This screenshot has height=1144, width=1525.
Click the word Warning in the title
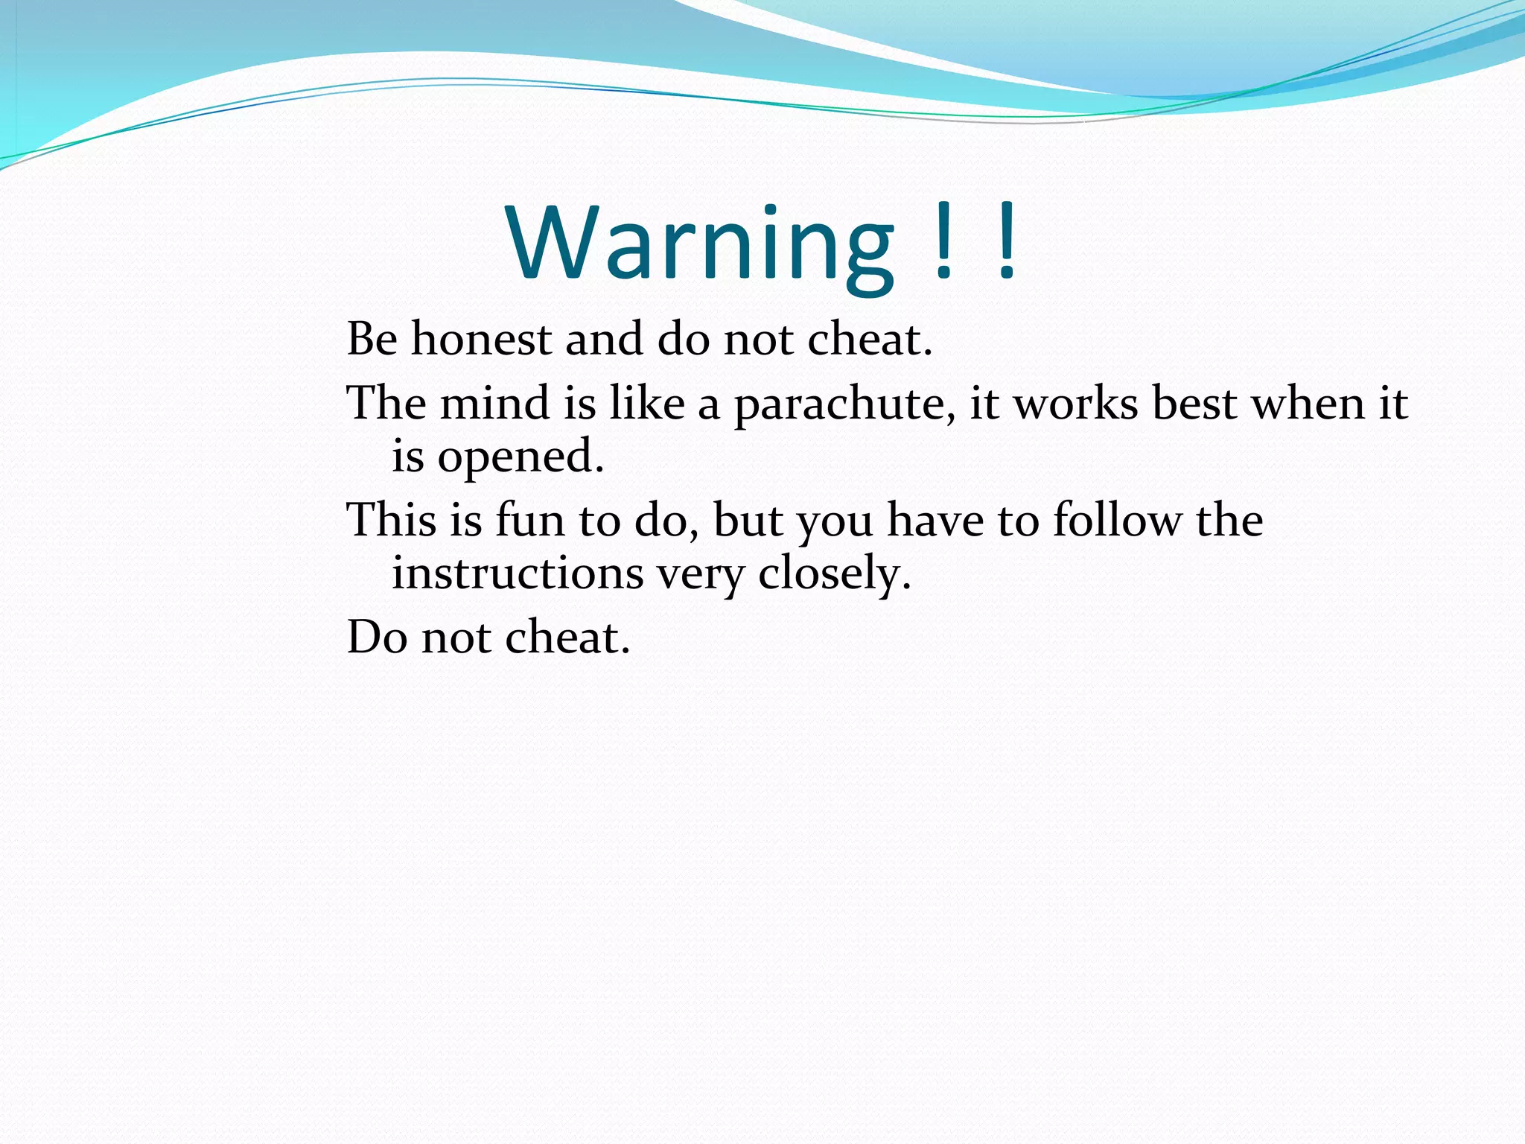[700, 244]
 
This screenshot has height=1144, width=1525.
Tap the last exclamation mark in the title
[1007, 240]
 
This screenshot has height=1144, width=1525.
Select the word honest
[481, 340]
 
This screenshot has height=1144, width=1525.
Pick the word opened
[520, 457]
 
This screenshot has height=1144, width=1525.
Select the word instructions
[518, 573]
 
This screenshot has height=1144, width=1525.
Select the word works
[1077, 404]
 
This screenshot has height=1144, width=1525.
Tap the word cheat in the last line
[567, 638]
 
